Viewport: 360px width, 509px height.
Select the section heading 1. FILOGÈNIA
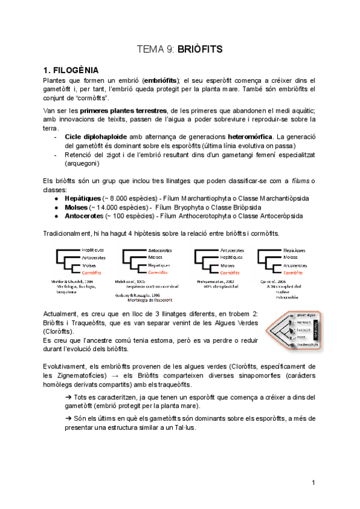click(71, 70)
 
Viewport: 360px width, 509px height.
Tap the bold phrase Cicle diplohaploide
click(95, 136)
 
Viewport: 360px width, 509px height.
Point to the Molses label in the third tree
click(227, 265)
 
